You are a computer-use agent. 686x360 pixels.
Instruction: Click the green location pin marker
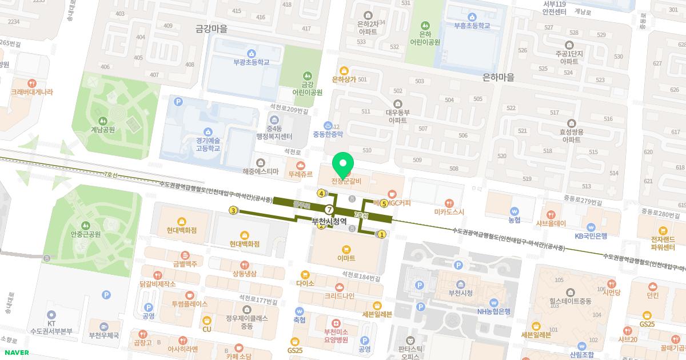coord(343,165)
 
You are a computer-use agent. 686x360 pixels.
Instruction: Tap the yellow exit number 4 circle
coord(322,193)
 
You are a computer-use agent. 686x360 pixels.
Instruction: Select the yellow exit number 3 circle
coord(233,211)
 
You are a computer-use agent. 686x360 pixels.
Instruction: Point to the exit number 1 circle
coord(382,234)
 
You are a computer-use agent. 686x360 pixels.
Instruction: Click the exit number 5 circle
coord(384,203)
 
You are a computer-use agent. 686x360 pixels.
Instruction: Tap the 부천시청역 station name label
coord(329,221)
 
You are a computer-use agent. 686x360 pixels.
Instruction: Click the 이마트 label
coord(346,258)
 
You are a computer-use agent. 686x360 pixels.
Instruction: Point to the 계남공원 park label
coord(103,129)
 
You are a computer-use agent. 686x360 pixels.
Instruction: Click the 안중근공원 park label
coord(86,234)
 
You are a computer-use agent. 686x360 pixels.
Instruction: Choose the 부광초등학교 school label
coord(251,63)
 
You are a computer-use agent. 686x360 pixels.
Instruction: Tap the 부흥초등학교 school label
coord(472,26)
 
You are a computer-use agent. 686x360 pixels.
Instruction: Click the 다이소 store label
coord(306,283)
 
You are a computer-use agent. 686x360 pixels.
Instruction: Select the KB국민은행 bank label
coord(591,235)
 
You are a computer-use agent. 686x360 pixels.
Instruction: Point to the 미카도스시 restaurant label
coord(449,211)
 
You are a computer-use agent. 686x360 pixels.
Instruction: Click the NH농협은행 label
coord(494,311)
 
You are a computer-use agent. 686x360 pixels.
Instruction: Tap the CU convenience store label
coord(207,329)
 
